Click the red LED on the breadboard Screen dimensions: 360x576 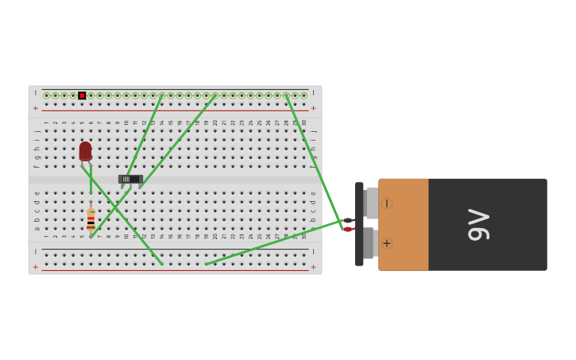click(x=85, y=150)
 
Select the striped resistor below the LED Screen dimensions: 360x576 click(x=91, y=219)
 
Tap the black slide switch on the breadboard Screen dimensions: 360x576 click(x=130, y=179)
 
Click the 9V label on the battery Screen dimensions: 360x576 click(x=479, y=224)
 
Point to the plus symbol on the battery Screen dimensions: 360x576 click(x=387, y=243)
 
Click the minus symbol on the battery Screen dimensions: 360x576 click(x=387, y=203)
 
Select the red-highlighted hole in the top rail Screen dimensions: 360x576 click(x=82, y=95)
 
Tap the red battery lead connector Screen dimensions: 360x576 click(x=348, y=229)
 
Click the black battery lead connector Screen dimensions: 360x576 click(x=348, y=220)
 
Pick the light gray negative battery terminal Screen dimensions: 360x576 click(x=371, y=203)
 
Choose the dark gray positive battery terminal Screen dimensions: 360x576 click(x=369, y=243)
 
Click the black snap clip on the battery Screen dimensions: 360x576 click(x=359, y=224)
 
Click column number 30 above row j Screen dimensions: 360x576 click(x=303, y=122)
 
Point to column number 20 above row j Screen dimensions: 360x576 click(x=215, y=122)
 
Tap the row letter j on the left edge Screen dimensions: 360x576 click(x=37, y=130)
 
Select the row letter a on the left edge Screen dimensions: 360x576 click(x=37, y=229)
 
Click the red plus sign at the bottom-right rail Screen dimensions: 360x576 click(x=313, y=267)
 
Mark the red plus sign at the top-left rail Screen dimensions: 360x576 click(x=35, y=108)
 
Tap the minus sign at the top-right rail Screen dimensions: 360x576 click(x=313, y=93)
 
